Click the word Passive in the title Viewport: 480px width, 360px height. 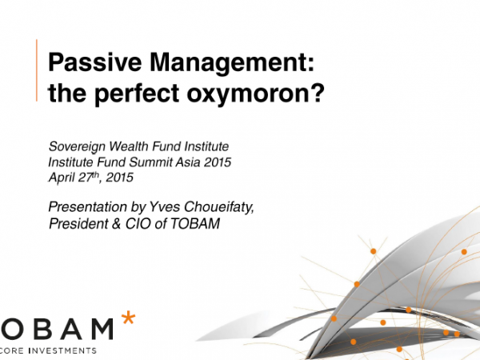pyautogui.click(x=94, y=62)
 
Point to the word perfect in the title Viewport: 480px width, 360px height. pyautogui.click(x=137, y=93)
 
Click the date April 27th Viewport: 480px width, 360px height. pyautogui.click(x=74, y=178)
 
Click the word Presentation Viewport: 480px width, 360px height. pyautogui.click(x=88, y=207)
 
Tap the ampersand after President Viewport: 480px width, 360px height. pyautogui.click(x=116, y=224)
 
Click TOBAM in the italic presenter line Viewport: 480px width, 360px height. pyautogui.click(x=194, y=223)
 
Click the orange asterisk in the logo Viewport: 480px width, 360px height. pyautogui.click(x=128, y=318)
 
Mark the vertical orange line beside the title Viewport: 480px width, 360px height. pyautogui.click(x=37, y=70)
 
